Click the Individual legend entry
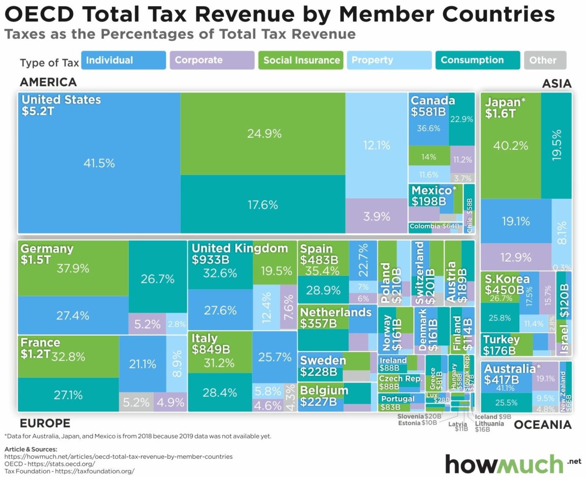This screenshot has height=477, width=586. click(x=123, y=60)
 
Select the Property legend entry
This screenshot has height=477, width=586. click(x=389, y=60)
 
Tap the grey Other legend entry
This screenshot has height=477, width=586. click(x=545, y=60)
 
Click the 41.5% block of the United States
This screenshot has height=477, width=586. click(x=99, y=164)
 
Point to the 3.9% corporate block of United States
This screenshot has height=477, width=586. click(x=376, y=216)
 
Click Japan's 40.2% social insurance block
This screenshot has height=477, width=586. click(x=510, y=146)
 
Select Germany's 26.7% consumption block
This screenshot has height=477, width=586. click(x=158, y=279)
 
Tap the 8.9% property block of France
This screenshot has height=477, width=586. click(x=177, y=363)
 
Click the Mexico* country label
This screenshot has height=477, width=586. click(x=434, y=191)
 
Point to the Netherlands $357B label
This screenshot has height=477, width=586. click(x=336, y=317)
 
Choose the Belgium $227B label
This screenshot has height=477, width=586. click(x=324, y=396)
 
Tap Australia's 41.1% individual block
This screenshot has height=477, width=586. click(x=506, y=388)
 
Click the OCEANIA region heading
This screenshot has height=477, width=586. click(x=543, y=425)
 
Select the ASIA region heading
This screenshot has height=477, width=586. click(x=556, y=84)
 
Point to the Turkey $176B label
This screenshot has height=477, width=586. click(x=501, y=344)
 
